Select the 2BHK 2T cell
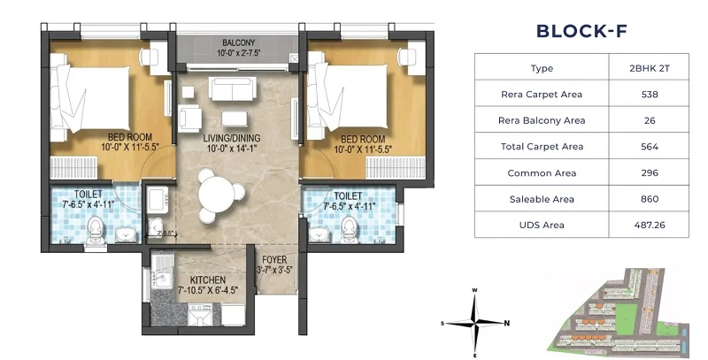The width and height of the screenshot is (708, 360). (x=649, y=68)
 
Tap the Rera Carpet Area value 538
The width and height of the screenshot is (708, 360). (x=649, y=94)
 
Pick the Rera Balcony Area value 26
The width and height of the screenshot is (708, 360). (x=649, y=120)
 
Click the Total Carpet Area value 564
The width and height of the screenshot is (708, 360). (x=649, y=146)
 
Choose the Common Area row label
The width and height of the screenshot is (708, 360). (x=542, y=172)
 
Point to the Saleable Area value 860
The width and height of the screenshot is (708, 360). (x=649, y=199)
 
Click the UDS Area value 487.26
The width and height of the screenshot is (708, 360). (x=649, y=225)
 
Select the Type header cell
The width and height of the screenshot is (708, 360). (x=542, y=68)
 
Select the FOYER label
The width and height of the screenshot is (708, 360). (x=274, y=259)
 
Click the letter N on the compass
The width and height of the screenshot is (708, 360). (x=506, y=323)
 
